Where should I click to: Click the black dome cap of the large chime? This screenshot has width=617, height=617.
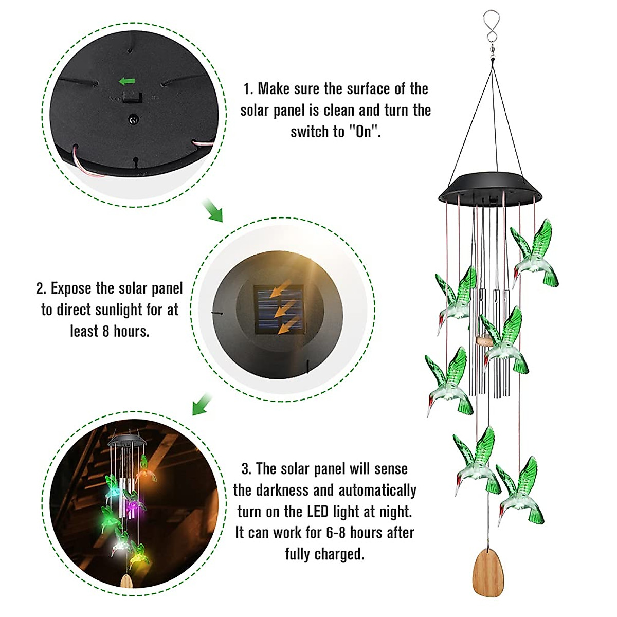click(x=490, y=189)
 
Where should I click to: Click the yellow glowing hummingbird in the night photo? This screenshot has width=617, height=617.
click(x=139, y=552)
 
